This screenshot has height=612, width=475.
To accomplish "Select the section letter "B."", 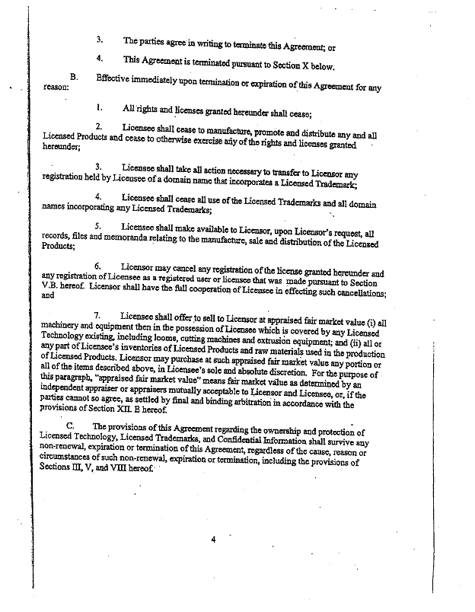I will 74,77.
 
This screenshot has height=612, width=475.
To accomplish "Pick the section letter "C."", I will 71,427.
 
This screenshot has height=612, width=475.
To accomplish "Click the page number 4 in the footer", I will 213,540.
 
